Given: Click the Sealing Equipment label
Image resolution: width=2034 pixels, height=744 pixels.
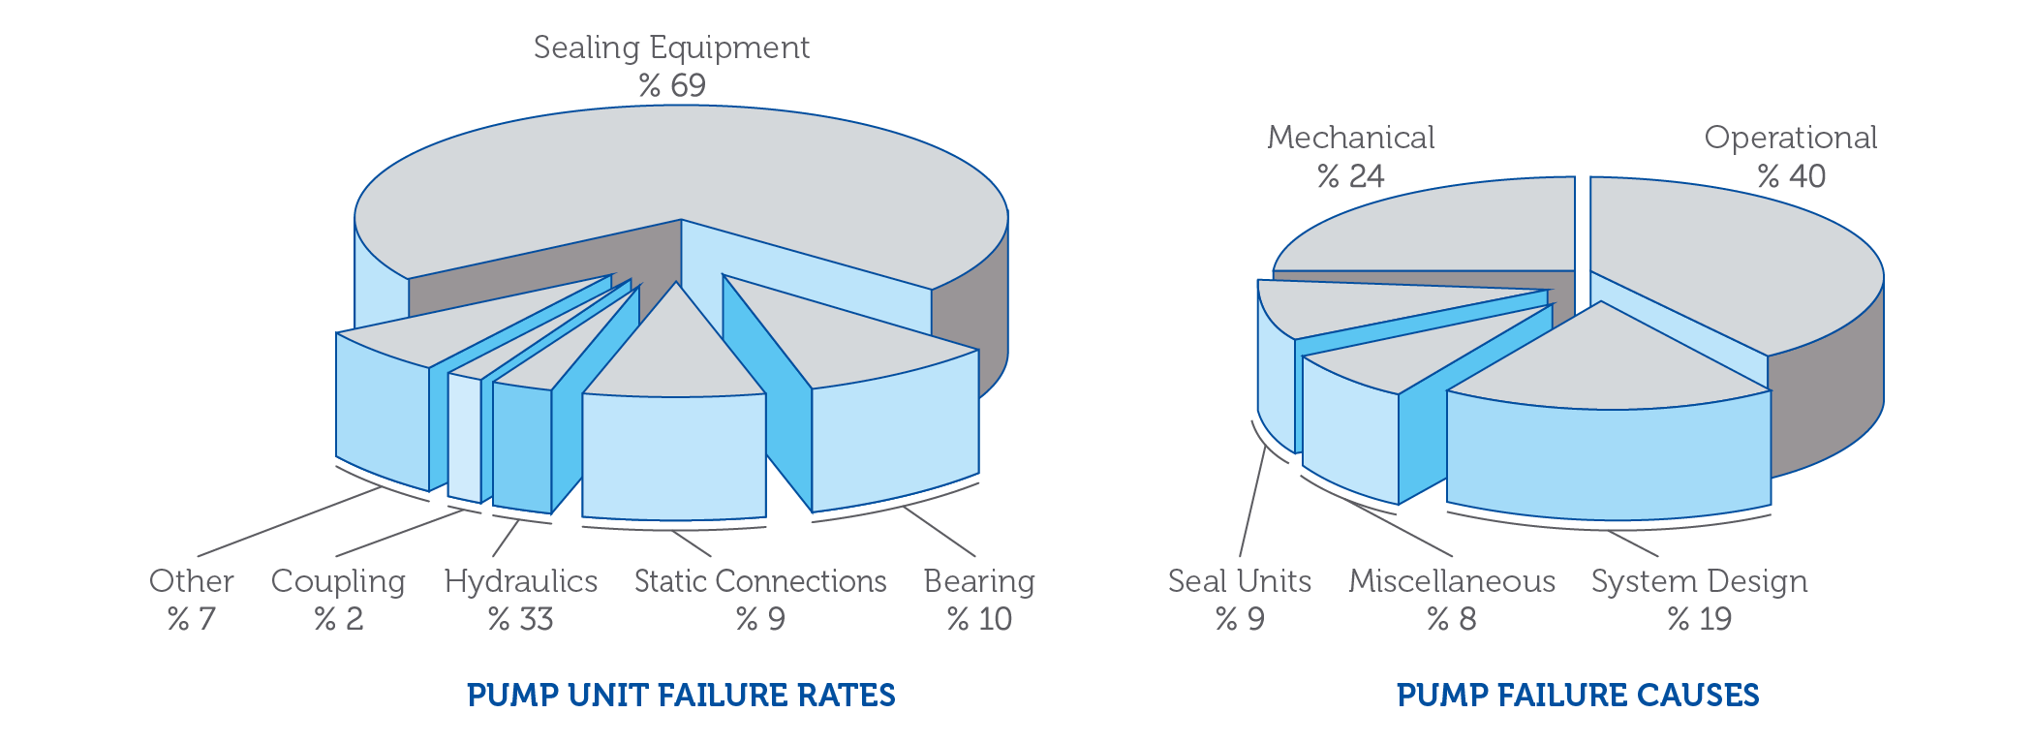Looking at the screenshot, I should point(671,47).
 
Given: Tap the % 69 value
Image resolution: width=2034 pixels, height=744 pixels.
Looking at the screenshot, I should point(671,86).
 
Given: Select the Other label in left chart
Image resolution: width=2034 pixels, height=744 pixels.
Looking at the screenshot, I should point(191,581).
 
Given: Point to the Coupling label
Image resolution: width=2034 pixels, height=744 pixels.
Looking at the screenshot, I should point(338,581).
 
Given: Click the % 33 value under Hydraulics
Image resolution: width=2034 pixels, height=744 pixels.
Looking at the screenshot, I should point(520,619).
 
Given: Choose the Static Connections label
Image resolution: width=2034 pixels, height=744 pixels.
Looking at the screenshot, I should point(760,581).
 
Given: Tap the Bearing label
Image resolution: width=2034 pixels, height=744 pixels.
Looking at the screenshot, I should point(979,581).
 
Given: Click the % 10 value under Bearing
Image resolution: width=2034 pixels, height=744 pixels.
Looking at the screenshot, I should point(979,619).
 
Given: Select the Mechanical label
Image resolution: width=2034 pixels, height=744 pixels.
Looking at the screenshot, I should point(1350,138).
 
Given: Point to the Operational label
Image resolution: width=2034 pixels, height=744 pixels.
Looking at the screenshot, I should point(1790,138).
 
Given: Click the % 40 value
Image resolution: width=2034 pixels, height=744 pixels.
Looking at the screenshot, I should point(1791,176).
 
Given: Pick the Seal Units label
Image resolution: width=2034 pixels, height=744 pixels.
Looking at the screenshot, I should point(1239,581).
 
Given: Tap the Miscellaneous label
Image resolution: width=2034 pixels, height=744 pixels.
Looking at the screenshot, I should point(1452,581).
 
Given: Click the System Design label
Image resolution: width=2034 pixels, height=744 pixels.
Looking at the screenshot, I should point(1699,581).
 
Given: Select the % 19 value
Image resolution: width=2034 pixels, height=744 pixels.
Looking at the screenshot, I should point(1699,619).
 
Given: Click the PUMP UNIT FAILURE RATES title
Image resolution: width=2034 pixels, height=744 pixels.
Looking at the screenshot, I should point(681,696).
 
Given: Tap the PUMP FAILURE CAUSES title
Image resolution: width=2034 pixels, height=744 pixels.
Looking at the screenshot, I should point(1578,696).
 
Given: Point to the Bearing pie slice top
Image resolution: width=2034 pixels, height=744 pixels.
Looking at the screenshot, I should point(843,339).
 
